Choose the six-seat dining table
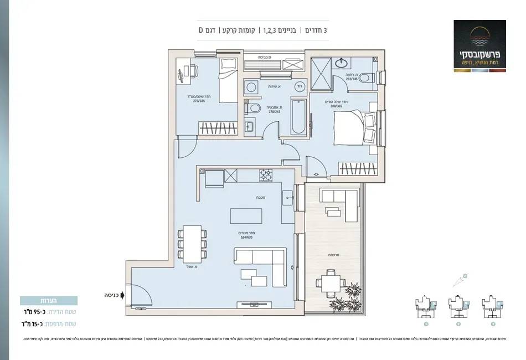pyautogui.click(x=192, y=246)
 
